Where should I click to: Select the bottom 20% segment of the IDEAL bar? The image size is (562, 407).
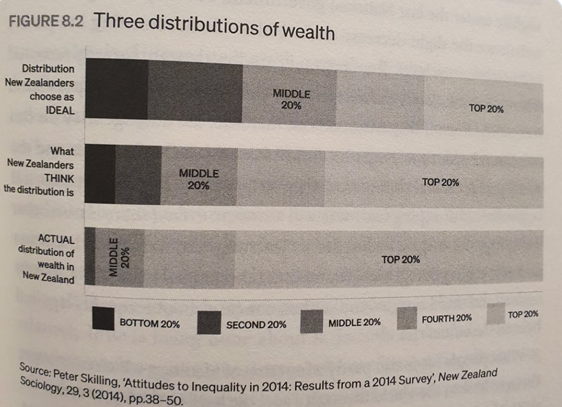(x=117, y=89)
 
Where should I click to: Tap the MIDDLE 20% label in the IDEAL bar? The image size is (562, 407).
(x=291, y=98)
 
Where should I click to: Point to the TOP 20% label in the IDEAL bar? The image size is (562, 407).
(x=485, y=109)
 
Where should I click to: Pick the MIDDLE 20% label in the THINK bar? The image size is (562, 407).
(x=198, y=179)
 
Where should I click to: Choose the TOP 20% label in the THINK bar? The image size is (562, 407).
(x=440, y=183)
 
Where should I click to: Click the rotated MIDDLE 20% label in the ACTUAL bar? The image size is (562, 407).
(x=119, y=257)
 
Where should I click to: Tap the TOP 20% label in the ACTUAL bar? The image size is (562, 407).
(x=400, y=260)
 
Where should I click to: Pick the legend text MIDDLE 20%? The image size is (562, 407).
(x=354, y=322)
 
